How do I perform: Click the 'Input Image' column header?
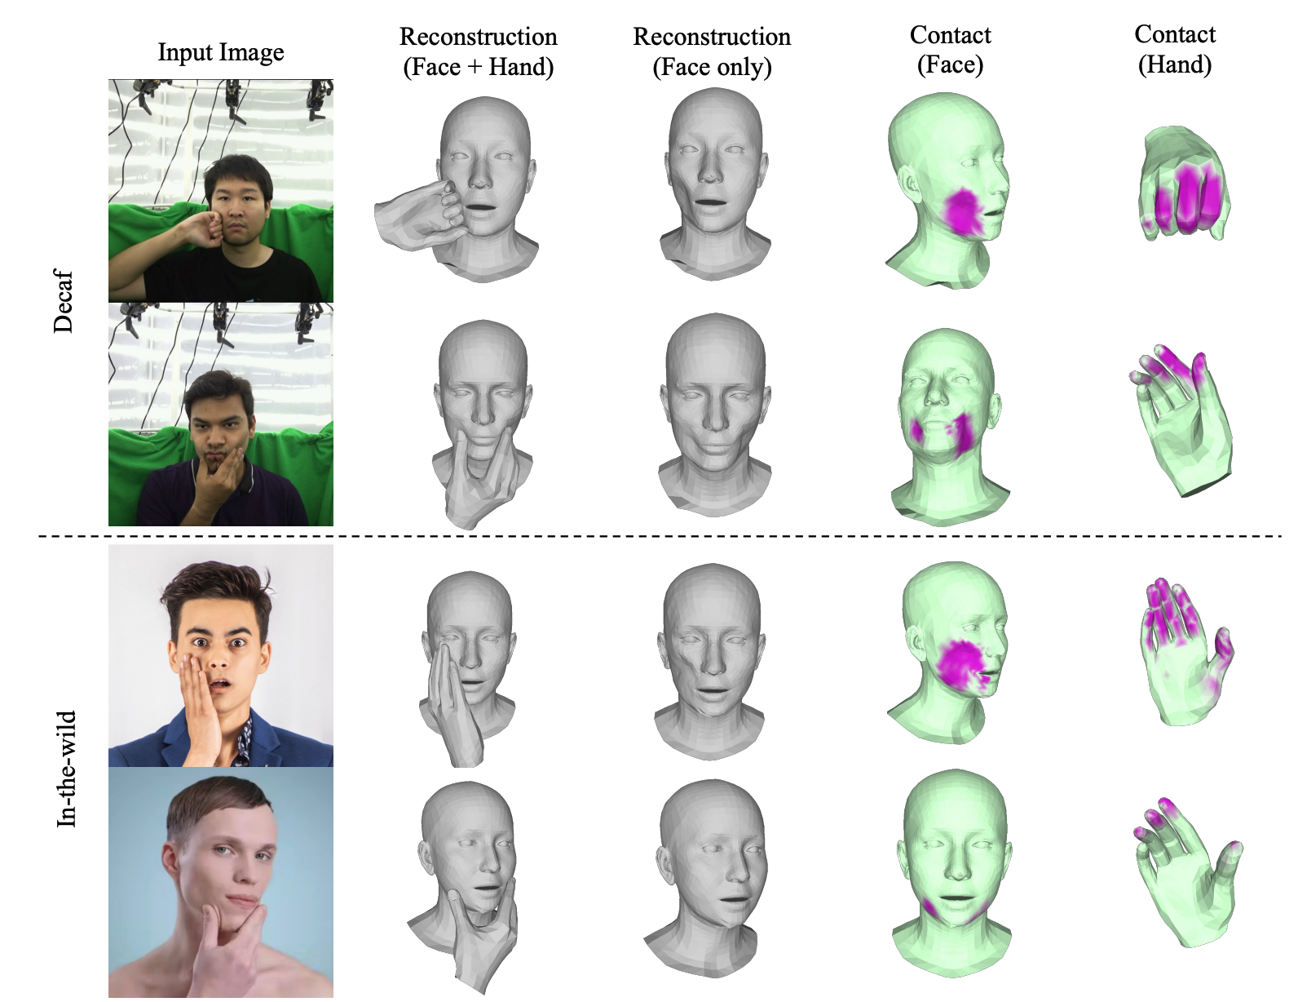pyautogui.click(x=221, y=52)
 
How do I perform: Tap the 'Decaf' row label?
pyautogui.click(x=63, y=302)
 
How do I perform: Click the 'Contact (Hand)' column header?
pyautogui.click(x=1175, y=49)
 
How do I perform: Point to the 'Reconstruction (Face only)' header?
pyautogui.click(x=712, y=51)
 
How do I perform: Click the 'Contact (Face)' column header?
pyautogui.click(x=951, y=50)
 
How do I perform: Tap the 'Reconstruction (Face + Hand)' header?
pyautogui.click(x=479, y=51)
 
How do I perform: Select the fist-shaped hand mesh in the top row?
pyautogui.click(x=1181, y=184)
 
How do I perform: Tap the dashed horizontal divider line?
pyautogui.click(x=660, y=536)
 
